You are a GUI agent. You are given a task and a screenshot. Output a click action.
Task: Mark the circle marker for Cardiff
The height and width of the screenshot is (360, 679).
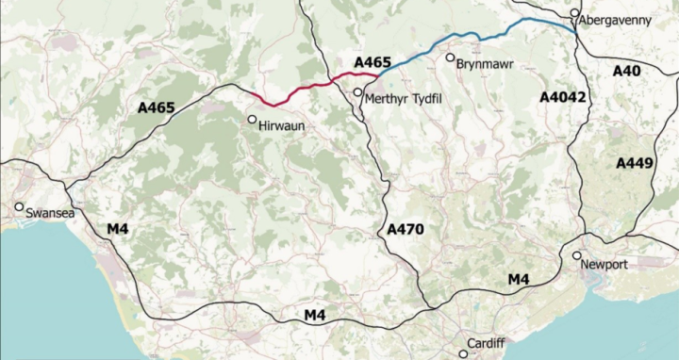(x=463, y=354)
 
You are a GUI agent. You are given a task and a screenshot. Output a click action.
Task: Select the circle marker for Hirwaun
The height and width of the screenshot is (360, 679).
(x=252, y=120)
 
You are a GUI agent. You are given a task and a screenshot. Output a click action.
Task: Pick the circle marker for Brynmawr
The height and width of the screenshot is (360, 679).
(x=451, y=57)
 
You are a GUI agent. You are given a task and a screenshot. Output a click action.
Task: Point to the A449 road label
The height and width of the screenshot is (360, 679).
(x=634, y=163)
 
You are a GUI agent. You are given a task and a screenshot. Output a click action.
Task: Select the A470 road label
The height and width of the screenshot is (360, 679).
(x=406, y=229)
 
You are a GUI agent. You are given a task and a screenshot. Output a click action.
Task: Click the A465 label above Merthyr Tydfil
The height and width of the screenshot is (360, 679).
(x=372, y=62)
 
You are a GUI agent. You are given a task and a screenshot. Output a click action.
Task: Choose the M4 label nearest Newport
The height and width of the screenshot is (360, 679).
(x=519, y=278)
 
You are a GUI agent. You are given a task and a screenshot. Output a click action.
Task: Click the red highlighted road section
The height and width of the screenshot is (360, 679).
(x=302, y=91)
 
